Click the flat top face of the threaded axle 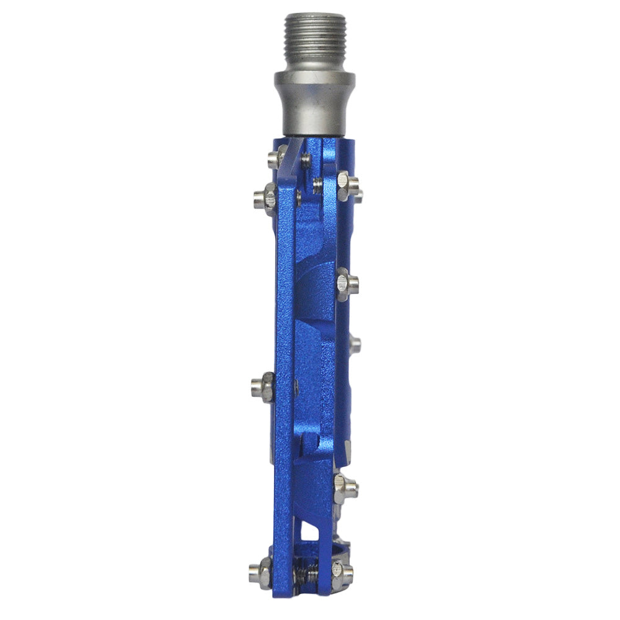pyautogui.click(x=315, y=15)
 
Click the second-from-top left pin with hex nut pyautogui.click(x=265, y=198)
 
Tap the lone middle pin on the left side pyautogui.click(x=263, y=388)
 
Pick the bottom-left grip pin pyautogui.click(x=260, y=572)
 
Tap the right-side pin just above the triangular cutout pyautogui.click(x=345, y=489)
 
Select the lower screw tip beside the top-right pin pyautogui.click(x=318, y=184)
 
